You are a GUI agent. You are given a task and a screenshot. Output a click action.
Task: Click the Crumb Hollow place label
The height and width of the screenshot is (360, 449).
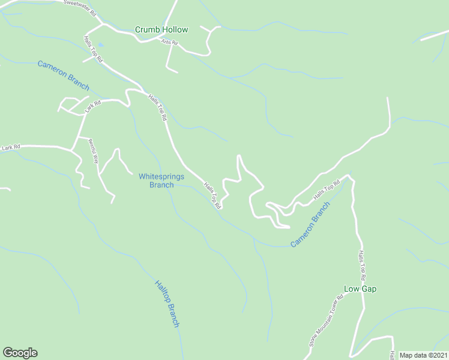161,29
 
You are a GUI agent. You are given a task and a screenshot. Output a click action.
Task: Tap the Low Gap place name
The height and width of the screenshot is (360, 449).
360,289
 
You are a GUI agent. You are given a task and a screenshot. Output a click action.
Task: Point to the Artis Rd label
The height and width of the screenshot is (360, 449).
170,42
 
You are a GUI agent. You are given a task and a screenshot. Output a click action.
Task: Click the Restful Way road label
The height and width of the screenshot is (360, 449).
94,151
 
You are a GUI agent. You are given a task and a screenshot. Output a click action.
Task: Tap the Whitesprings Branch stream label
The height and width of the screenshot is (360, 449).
161,181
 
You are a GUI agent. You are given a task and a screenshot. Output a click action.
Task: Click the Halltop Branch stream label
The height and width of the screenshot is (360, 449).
167,304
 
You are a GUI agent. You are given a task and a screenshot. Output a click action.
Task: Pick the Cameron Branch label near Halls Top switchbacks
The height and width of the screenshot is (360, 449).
310,225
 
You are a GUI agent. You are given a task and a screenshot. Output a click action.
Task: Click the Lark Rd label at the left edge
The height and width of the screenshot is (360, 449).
11,147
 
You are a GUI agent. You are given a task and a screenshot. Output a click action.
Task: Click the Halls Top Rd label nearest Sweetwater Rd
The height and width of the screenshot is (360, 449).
94,48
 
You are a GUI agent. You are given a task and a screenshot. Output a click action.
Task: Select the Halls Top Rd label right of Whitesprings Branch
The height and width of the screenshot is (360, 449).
212,196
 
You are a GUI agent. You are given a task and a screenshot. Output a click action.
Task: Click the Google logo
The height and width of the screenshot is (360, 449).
20,353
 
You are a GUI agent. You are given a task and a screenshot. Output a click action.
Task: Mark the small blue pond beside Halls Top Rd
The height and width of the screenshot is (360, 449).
100,44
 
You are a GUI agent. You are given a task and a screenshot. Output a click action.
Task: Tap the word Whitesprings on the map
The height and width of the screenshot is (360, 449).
161,176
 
